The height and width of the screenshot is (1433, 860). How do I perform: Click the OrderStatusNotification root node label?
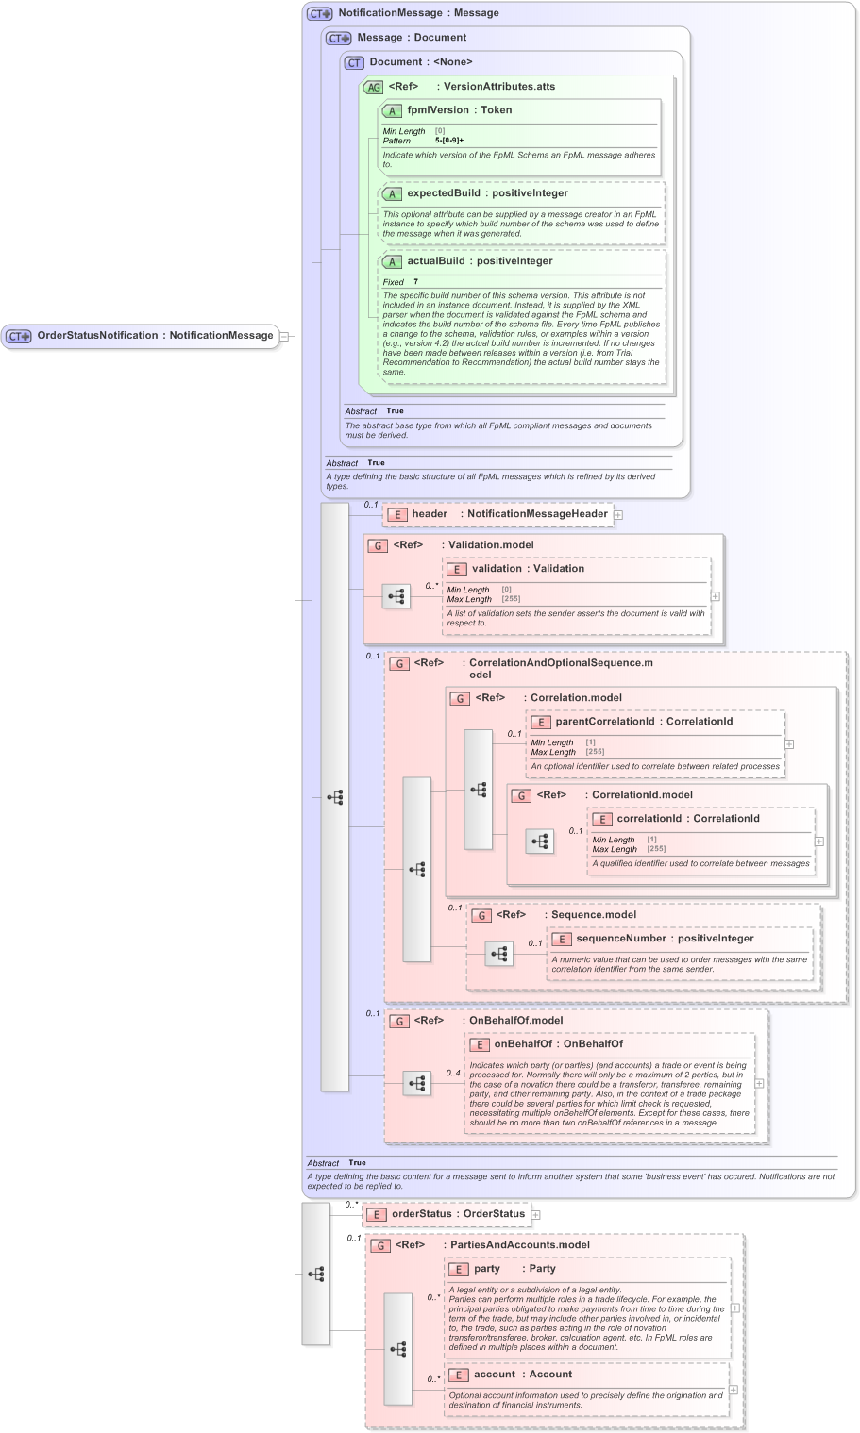(x=97, y=335)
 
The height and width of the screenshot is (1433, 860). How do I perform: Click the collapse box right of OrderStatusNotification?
(x=283, y=336)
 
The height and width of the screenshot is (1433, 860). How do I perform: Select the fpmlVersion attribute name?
(x=438, y=110)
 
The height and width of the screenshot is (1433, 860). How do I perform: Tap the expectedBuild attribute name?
(x=443, y=193)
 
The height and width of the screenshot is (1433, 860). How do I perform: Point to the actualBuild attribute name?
(x=435, y=261)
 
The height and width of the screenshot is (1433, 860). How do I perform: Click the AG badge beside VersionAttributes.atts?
(x=373, y=87)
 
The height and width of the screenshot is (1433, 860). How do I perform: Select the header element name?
(x=430, y=514)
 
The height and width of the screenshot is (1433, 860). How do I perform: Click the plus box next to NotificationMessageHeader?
(x=618, y=515)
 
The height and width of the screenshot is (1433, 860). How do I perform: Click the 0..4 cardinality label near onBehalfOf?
(x=453, y=1073)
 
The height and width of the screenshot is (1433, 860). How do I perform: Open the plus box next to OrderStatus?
(x=535, y=1215)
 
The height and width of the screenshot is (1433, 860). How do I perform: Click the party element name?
(x=487, y=1269)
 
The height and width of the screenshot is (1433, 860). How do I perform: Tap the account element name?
(x=494, y=1375)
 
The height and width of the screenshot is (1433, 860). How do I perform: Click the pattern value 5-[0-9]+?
(x=449, y=141)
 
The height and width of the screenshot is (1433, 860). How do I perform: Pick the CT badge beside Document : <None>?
(x=354, y=62)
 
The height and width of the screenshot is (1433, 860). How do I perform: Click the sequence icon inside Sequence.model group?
(x=499, y=954)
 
